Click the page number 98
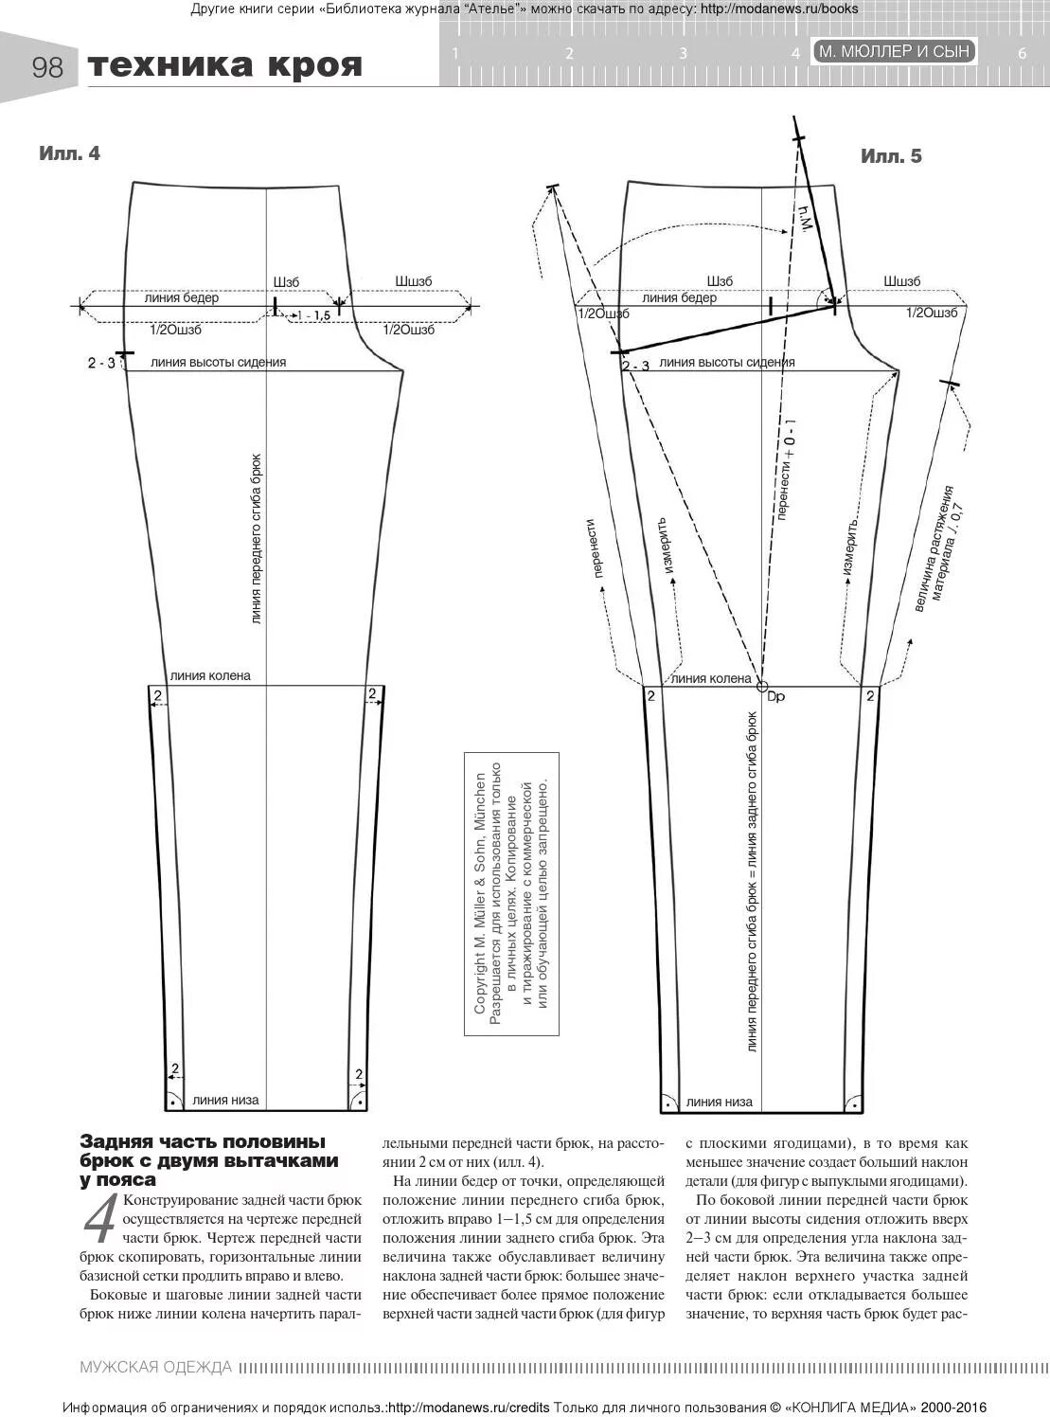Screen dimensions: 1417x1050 pyautogui.click(x=47, y=67)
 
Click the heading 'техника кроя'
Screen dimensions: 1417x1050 pyautogui.click(x=225, y=65)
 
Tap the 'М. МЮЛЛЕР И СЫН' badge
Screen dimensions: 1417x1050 pyautogui.click(x=894, y=51)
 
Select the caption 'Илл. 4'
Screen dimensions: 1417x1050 pyautogui.click(x=69, y=153)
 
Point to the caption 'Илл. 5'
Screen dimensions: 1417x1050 pyautogui.click(x=891, y=156)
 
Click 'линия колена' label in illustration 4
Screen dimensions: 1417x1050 pyautogui.click(x=210, y=675)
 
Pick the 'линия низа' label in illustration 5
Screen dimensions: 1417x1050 pyautogui.click(x=720, y=1102)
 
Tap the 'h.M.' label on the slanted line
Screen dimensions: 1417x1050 pyautogui.click(x=806, y=220)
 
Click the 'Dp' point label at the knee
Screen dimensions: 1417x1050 pyautogui.click(x=775, y=697)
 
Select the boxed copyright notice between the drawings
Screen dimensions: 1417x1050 pyautogui.click(x=511, y=893)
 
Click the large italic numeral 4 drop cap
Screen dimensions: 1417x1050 pyautogui.click(x=100, y=1220)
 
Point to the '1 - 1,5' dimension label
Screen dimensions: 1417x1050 pyautogui.click(x=313, y=315)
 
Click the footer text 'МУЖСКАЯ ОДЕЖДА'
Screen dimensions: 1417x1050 pyautogui.click(x=156, y=1367)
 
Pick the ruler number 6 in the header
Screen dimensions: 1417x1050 pyautogui.click(x=1022, y=54)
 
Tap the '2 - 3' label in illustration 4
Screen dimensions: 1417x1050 pyautogui.click(x=101, y=363)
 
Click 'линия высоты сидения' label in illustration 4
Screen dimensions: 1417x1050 pyautogui.click(x=218, y=362)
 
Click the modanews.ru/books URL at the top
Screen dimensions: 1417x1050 pyautogui.click(x=779, y=9)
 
